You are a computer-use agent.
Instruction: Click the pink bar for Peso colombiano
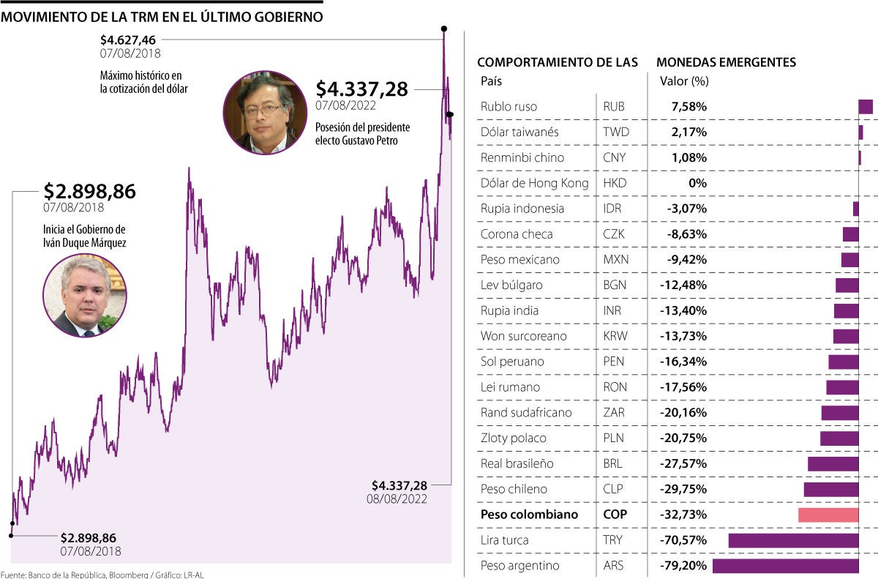point(828,515)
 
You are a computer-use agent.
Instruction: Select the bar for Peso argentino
point(785,566)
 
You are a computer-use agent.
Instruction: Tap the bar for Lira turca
point(793,540)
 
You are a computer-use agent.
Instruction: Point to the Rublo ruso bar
point(866,107)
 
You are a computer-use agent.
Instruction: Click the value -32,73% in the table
point(686,515)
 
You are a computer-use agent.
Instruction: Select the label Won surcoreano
point(522,336)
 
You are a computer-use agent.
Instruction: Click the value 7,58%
point(688,107)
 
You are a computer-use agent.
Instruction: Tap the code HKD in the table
point(615,183)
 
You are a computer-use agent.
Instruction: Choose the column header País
point(491,81)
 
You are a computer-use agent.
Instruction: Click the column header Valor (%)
point(684,81)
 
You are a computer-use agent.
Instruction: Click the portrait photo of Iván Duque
point(85,295)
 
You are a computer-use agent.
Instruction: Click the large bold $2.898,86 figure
point(89,192)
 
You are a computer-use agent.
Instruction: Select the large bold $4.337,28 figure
point(362,89)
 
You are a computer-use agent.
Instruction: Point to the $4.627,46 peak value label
point(129,40)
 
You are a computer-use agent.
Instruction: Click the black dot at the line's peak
point(443,29)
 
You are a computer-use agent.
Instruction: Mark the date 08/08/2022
point(397,498)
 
